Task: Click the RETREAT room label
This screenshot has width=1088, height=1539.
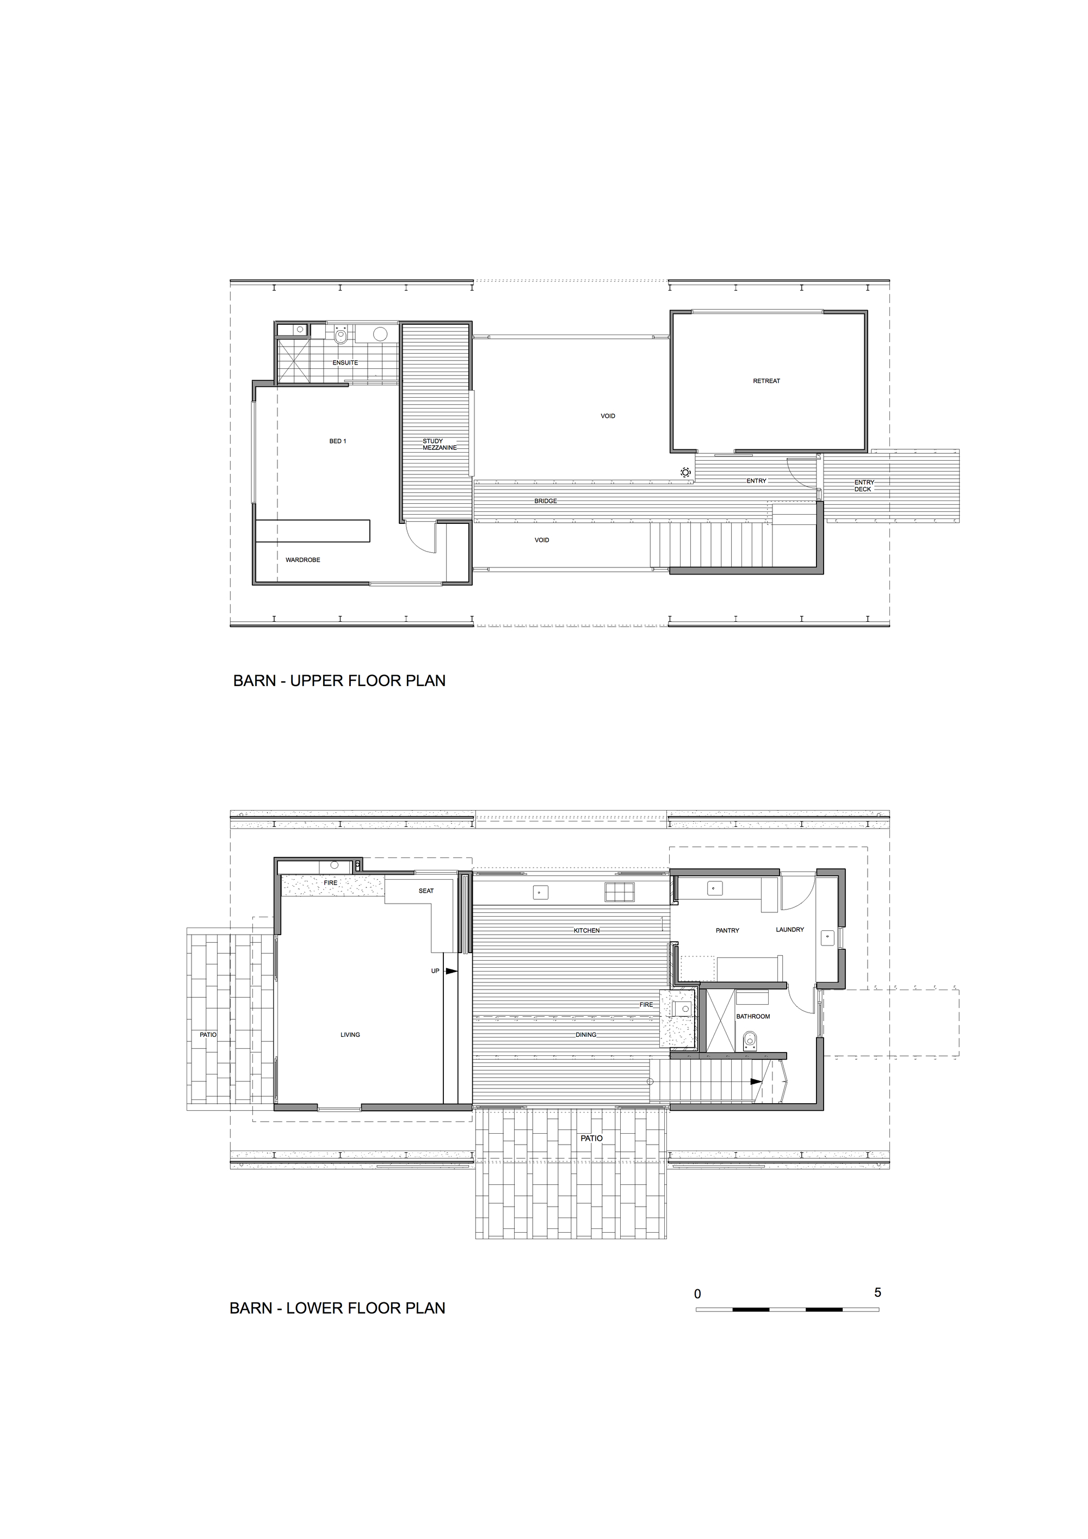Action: [766, 381]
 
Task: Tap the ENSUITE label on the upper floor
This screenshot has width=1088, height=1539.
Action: [345, 363]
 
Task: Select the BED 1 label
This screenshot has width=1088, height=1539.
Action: [338, 441]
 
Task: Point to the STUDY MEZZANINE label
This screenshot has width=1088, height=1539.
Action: [439, 444]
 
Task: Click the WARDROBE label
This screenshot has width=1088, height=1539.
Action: [303, 560]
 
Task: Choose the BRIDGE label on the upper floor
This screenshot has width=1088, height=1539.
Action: [546, 500]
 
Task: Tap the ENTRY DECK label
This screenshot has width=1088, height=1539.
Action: [863, 485]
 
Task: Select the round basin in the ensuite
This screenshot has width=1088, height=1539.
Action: [380, 334]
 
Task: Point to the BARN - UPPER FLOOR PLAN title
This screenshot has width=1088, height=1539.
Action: [339, 681]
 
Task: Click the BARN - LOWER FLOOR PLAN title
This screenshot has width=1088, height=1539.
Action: [337, 1308]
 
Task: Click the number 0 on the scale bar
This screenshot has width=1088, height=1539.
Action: [698, 1294]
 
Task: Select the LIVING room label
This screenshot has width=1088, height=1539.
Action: [350, 1034]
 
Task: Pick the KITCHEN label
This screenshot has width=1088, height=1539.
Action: [586, 930]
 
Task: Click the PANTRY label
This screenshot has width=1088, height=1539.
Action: [727, 930]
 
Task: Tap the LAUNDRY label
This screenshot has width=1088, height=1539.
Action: [790, 930]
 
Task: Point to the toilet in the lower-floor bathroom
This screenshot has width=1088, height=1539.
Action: [750, 1040]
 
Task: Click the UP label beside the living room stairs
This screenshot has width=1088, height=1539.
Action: [435, 971]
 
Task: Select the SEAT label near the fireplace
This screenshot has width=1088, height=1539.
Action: [426, 891]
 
